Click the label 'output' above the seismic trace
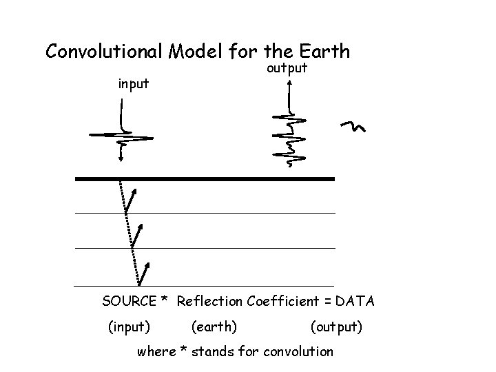(287, 69)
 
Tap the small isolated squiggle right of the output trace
(353, 126)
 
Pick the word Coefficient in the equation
(282, 301)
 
